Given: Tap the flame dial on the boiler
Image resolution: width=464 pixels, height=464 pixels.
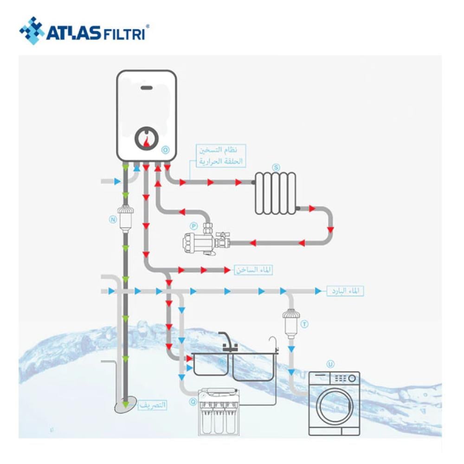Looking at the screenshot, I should [146, 138].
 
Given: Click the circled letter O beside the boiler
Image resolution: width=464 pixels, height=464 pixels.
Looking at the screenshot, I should [166, 150].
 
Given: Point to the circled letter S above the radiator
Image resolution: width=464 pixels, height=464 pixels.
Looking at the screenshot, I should [277, 167].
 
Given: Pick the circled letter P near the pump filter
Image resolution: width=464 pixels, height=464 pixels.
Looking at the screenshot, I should [193, 225].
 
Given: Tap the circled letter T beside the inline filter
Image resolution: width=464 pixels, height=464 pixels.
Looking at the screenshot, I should [304, 322].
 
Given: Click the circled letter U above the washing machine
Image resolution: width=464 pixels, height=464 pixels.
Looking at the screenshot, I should [330, 364].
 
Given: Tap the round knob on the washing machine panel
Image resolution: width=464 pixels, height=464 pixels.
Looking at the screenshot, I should [352, 378].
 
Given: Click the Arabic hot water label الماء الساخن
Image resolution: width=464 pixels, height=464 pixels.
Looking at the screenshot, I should [253, 270].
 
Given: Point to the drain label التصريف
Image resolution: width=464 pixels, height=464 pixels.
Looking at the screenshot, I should [152, 405].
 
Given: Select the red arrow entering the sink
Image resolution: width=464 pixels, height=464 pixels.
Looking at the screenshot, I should [188, 359].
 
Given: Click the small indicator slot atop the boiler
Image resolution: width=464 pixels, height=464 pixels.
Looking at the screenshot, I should [146, 88].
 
